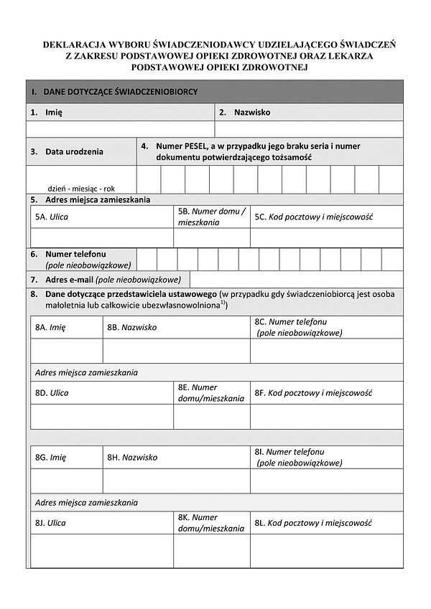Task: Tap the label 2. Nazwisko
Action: [x=244, y=113]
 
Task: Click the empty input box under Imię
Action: [x=120, y=129]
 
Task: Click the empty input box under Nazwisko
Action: [x=309, y=129]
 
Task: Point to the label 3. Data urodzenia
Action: [x=67, y=151]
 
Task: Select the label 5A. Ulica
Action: [x=52, y=217]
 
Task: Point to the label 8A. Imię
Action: [x=50, y=327]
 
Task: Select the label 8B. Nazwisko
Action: [x=132, y=327]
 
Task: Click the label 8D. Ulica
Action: [x=52, y=393]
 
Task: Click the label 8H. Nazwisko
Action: [x=132, y=457]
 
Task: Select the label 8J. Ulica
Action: [x=50, y=523]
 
